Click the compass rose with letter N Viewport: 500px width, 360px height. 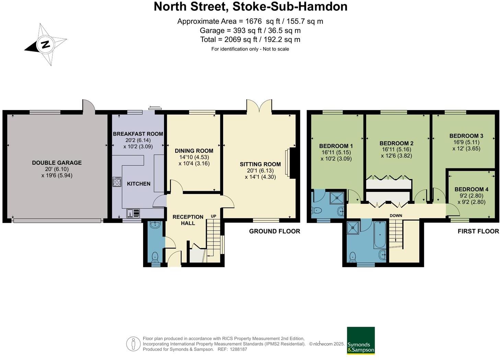(x=45, y=44)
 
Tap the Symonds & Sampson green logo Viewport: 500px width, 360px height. (x=361, y=340)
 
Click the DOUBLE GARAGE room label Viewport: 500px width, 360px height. (x=57, y=163)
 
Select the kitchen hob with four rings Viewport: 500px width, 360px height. (x=117, y=182)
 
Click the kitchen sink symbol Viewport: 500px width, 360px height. (x=133, y=213)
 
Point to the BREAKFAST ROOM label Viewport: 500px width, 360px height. (x=138, y=134)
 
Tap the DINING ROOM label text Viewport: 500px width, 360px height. (x=194, y=151)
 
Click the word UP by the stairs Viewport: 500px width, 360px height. (x=213, y=216)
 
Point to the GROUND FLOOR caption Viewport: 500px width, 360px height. (x=275, y=231)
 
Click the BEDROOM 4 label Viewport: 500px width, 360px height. (x=471, y=189)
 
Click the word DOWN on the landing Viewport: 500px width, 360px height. (x=396, y=216)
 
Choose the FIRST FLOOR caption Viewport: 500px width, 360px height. (x=478, y=231)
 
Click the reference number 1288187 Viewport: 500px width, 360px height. (x=239, y=349)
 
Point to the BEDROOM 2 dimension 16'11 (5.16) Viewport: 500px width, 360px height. (x=396, y=149)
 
